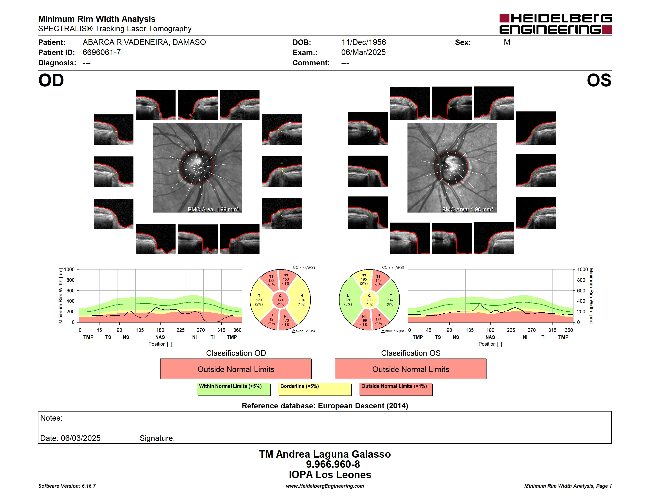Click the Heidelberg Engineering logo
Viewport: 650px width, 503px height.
[x=555, y=24]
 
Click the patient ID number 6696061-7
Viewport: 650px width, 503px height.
[x=101, y=53]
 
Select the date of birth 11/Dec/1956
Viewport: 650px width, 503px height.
[x=363, y=42]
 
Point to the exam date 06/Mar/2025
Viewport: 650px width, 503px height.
[x=363, y=53]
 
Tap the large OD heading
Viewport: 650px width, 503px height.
[x=51, y=80]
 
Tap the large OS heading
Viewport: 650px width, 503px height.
[x=599, y=80]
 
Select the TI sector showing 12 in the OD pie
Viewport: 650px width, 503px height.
[x=271, y=319]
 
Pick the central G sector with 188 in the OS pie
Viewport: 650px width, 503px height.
[x=369, y=300]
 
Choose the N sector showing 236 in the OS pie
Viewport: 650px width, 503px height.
[x=348, y=300]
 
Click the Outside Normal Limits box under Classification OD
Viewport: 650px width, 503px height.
[x=236, y=369]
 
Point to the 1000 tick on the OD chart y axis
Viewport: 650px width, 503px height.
[x=69, y=270]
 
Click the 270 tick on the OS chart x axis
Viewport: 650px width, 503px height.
[x=532, y=330]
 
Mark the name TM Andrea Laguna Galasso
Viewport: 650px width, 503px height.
[x=325, y=454]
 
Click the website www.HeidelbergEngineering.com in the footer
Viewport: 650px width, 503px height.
[x=325, y=486]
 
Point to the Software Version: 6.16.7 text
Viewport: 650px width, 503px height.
[x=67, y=486]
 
